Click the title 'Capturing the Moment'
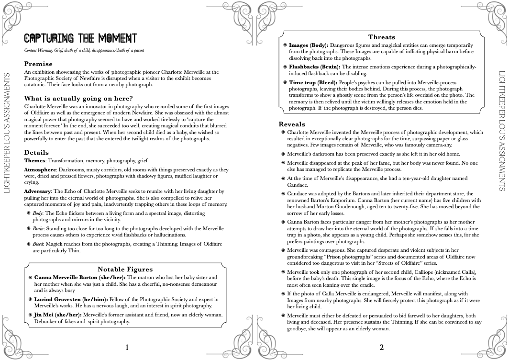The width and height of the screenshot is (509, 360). pyautogui.click(x=80, y=38)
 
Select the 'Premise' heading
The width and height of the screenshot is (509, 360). pyautogui.click(x=38, y=64)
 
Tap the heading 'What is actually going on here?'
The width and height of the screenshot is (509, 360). pyautogui.click(x=78, y=99)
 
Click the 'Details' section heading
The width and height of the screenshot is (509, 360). pyautogui.click(x=36, y=153)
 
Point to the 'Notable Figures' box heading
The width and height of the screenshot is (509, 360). pyautogui.click(x=125, y=269)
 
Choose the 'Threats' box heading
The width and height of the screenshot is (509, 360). pyautogui.click(x=381, y=37)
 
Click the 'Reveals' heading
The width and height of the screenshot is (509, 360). pyautogui.click(x=292, y=124)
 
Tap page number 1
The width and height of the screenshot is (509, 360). pyautogui.click(x=127, y=348)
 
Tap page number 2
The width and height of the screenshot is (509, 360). pyautogui.click(x=381, y=348)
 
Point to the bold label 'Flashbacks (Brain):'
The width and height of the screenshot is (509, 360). pyautogui.click(x=315, y=67)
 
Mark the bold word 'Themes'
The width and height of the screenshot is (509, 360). pyautogui.click(x=34, y=161)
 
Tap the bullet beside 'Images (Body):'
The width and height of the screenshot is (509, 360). pyautogui.click(x=285, y=45)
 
